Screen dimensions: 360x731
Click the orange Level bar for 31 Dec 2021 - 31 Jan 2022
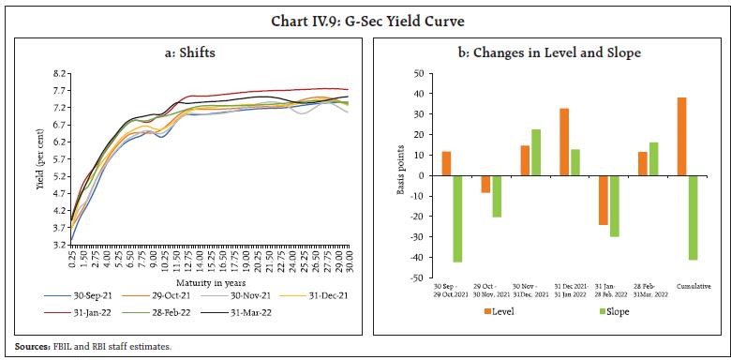[x=565, y=142]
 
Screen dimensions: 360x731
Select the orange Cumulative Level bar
[x=681, y=136]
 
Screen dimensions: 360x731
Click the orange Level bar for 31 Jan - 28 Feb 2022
[x=604, y=200]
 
